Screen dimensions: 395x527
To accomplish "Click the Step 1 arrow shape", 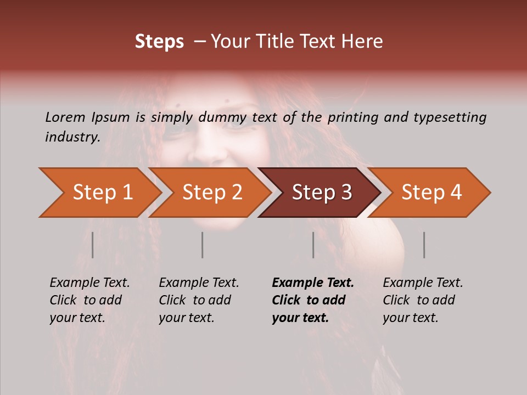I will tap(99, 193).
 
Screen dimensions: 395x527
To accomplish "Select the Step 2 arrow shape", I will tap(211, 193).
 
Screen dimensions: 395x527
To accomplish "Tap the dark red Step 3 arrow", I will tap(321, 193).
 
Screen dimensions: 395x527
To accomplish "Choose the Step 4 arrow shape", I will tap(431, 193).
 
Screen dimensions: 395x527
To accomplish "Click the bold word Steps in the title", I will tap(159, 42).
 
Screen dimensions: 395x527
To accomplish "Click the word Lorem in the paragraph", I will tap(65, 117).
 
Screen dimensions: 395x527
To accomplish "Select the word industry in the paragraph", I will tap(72, 137).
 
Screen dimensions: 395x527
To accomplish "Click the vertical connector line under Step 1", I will tap(93, 245).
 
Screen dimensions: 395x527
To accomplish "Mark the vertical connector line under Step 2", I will tap(203, 245).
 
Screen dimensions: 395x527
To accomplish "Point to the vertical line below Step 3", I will tap(313, 245).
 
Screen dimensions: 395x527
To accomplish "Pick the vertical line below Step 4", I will tap(424, 245).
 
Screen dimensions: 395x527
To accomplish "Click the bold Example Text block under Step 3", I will tap(312, 300).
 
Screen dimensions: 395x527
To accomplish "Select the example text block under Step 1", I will tap(89, 300).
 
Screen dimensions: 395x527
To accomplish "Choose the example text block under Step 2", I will tap(199, 300).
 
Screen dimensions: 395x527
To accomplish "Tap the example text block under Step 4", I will tap(423, 300).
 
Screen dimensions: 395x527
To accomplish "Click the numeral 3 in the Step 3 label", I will tap(346, 193).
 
